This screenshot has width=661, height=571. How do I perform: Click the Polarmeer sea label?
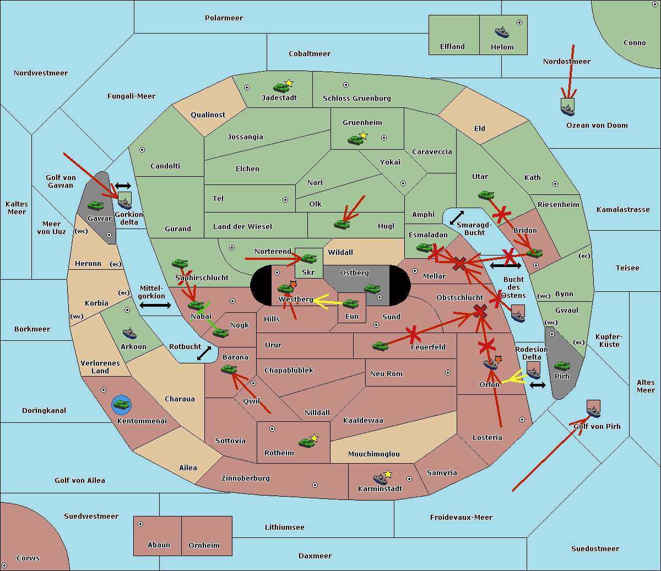[224, 18]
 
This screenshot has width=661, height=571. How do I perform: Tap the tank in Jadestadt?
[281, 87]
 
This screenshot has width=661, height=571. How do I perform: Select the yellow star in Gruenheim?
[363, 135]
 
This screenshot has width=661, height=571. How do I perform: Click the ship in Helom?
[502, 32]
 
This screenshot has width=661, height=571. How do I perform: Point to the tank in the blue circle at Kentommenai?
[121, 405]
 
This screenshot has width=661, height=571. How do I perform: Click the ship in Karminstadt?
[380, 478]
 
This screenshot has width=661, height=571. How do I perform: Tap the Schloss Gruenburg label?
[356, 99]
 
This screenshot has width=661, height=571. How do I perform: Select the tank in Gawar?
[95, 206]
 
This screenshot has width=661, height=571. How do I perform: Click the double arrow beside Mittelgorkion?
[155, 305]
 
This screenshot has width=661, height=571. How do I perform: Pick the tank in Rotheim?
[306, 442]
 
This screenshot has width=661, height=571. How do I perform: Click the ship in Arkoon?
[129, 333]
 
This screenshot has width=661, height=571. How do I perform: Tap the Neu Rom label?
[386, 374]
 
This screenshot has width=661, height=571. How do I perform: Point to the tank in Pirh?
[562, 366]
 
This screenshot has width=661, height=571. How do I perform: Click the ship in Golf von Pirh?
[593, 410]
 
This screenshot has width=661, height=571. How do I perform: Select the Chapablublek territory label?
[289, 371]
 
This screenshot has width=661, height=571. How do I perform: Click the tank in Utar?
[486, 195]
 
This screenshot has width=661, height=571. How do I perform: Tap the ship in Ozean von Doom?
[567, 108]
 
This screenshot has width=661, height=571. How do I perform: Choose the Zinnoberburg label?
[246, 478]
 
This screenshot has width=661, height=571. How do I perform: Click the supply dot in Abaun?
[140, 524]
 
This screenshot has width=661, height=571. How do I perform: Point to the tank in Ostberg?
[372, 289]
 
